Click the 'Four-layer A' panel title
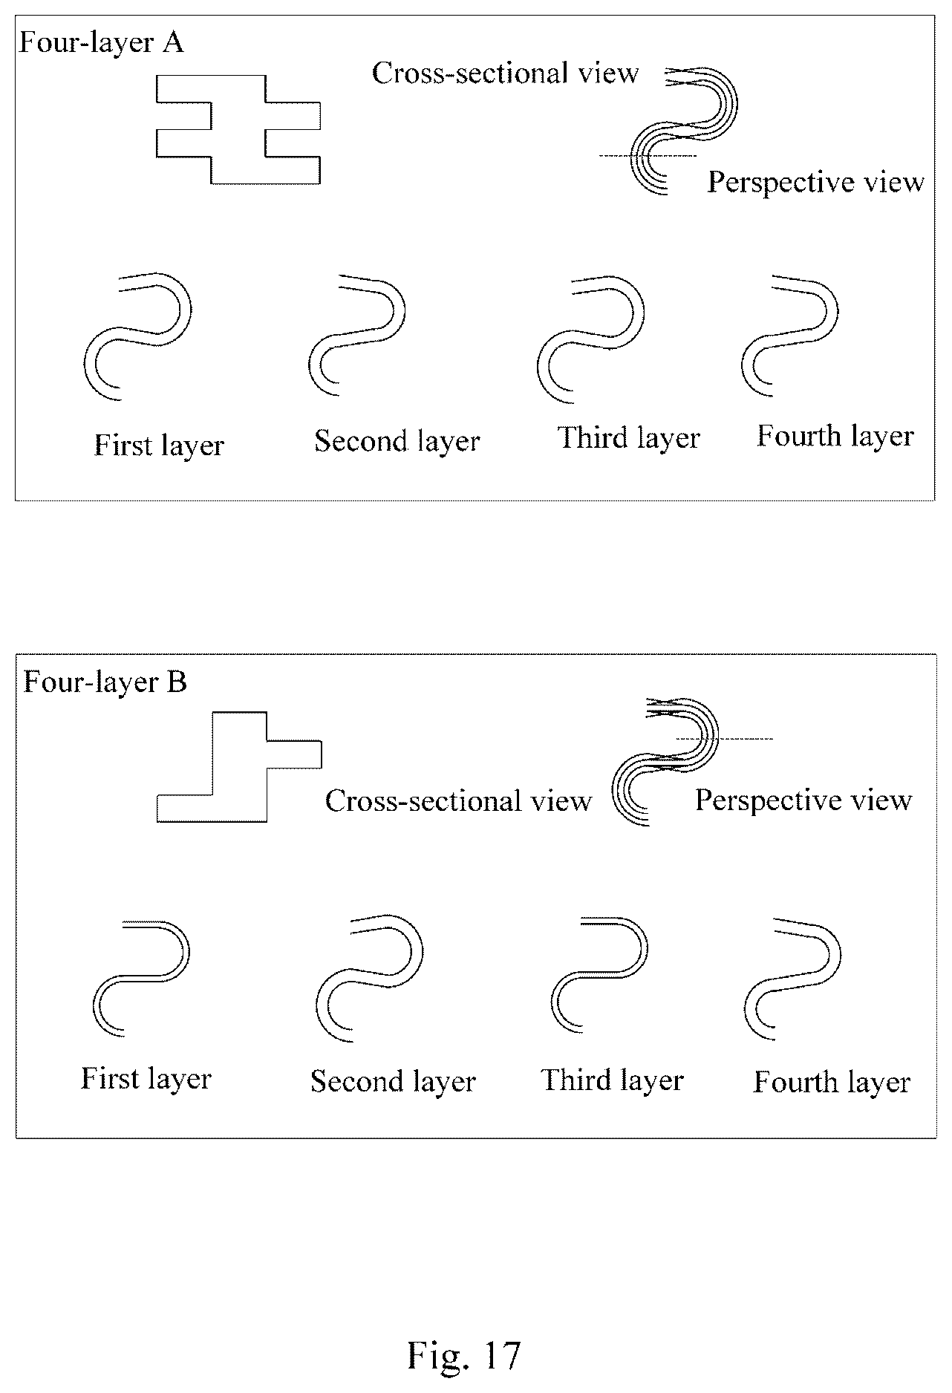[x=101, y=43]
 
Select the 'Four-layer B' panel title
[x=105, y=682]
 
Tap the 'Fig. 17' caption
[x=464, y=1354]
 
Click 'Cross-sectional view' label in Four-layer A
[x=505, y=74]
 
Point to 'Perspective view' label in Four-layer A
[x=815, y=183]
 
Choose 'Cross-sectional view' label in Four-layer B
[x=458, y=801]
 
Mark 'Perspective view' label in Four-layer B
[x=803, y=800]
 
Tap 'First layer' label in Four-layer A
[x=159, y=446]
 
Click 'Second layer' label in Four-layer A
[x=397, y=442]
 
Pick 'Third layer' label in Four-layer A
[x=629, y=438]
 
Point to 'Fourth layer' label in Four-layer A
[x=835, y=437]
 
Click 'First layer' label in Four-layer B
[x=146, y=1079]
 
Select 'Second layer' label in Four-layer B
[x=393, y=1081]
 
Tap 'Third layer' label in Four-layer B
[x=613, y=1080]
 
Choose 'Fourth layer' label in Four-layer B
[x=832, y=1083]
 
